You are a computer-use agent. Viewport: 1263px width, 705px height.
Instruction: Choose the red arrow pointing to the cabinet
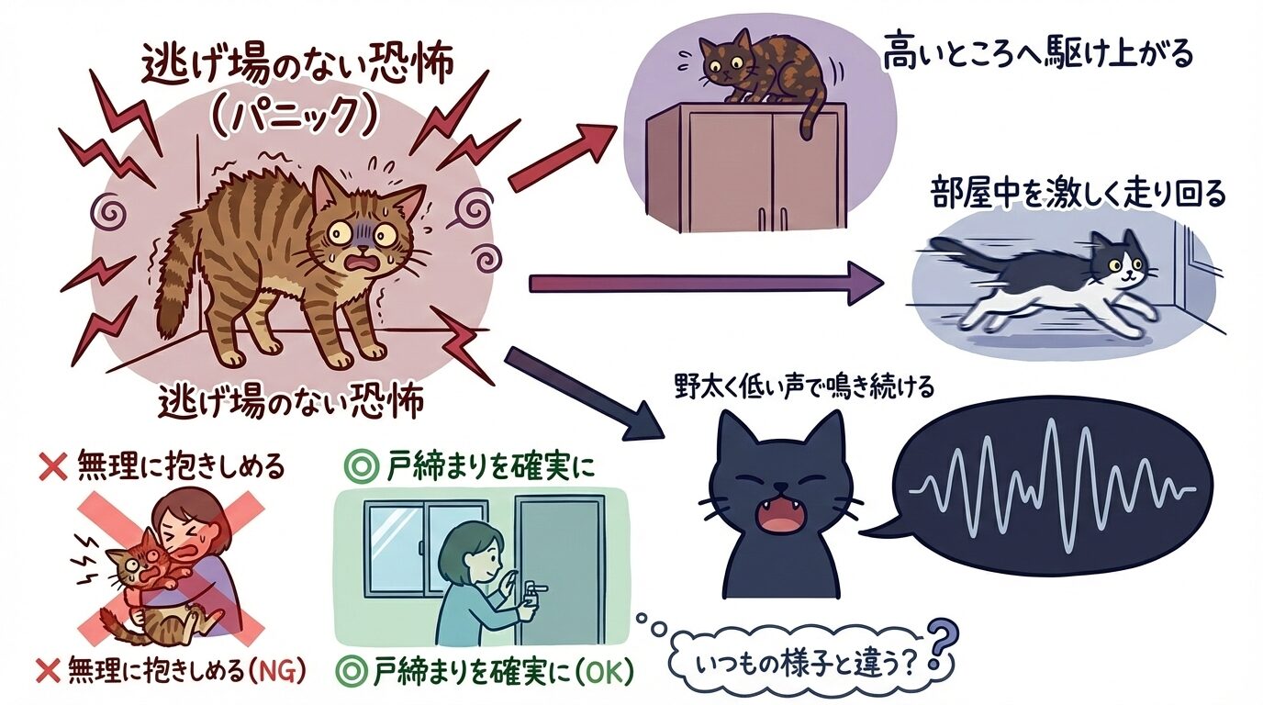click(561, 156)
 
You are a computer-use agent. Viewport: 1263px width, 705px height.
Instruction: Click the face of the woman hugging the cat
click(184, 532)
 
